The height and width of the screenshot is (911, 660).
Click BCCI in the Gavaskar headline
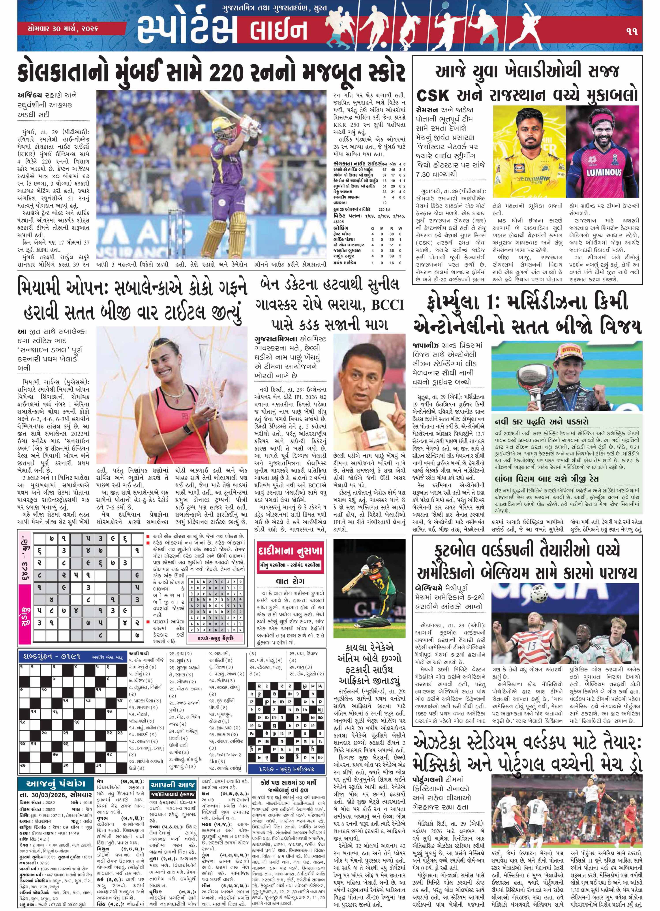pos(387,304)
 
